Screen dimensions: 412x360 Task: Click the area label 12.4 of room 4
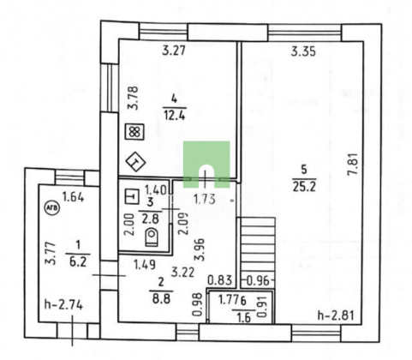click(175, 116)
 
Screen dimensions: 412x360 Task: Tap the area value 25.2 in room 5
click(304, 187)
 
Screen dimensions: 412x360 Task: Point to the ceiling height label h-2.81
click(336, 315)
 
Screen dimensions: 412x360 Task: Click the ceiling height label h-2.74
click(63, 305)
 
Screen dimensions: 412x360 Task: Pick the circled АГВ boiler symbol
click(51, 207)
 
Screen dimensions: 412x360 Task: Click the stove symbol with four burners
click(135, 132)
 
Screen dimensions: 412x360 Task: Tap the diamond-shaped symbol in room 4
click(135, 162)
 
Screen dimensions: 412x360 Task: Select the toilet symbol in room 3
click(152, 237)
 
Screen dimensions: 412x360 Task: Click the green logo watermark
click(206, 164)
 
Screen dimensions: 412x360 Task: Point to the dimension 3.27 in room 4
click(174, 51)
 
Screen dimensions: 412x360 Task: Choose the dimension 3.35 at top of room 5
click(303, 51)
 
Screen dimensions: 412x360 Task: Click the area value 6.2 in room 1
click(78, 261)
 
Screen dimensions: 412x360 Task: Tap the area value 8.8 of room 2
click(161, 299)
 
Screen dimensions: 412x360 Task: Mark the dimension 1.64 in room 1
click(74, 197)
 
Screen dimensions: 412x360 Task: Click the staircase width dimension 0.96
click(258, 281)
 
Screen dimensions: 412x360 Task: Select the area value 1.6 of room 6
click(243, 317)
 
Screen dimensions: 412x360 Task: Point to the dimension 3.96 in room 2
click(200, 249)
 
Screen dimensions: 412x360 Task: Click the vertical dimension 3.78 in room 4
click(133, 98)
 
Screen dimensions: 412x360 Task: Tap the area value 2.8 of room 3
click(150, 219)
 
